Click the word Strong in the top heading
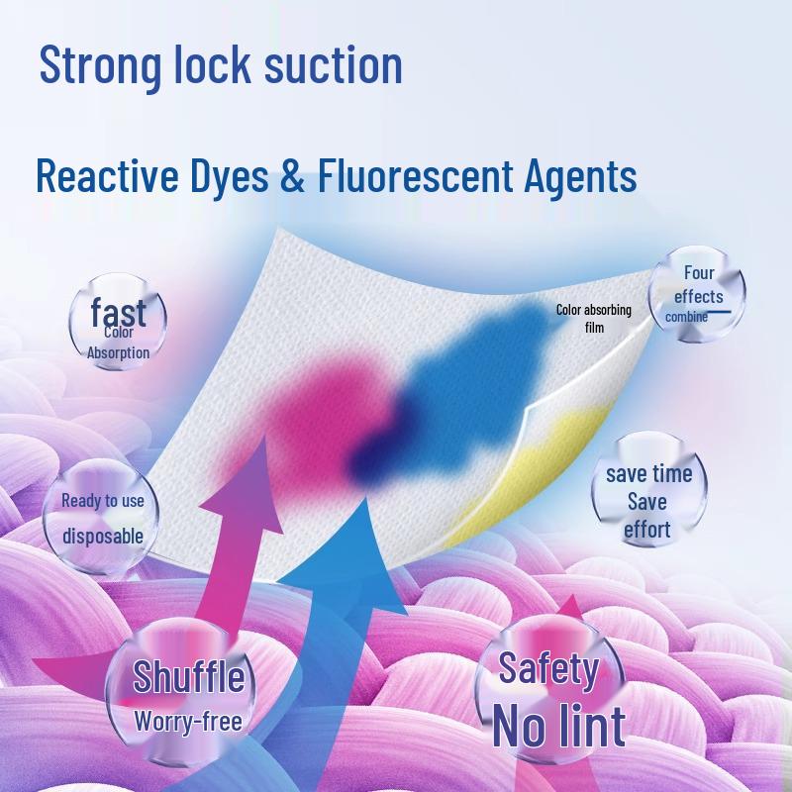pos(100,65)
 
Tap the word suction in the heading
pos(334,64)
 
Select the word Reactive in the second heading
pos(107,175)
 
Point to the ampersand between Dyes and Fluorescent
pos(292,175)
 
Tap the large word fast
pos(118,312)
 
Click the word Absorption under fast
pos(118,352)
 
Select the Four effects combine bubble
pos(697,294)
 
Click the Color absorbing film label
pos(594,318)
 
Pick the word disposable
pos(103,536)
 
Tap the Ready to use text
pos(103,501)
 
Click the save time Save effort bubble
pos(649,489)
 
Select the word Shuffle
pos(188,676)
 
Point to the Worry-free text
pos(188,721)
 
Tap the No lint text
pos(559,726)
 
